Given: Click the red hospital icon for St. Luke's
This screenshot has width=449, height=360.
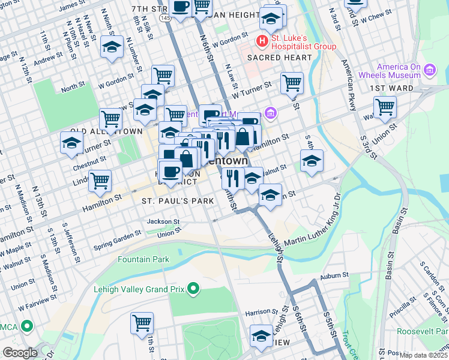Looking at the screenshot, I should pos(262,41).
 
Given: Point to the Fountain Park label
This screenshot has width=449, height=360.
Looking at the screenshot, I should pos(143,259).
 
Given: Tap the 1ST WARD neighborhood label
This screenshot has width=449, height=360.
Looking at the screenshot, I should pos(391,88).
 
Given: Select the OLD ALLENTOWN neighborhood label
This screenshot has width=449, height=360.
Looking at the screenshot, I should pos(106,131).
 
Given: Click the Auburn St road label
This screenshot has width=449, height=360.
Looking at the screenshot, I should pos(334,275).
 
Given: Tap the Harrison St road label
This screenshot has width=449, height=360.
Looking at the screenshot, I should pos(259,312).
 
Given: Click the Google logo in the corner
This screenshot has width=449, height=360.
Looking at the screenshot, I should pos(20,353).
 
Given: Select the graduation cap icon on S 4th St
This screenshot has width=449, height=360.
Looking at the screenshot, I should pos(312,161).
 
